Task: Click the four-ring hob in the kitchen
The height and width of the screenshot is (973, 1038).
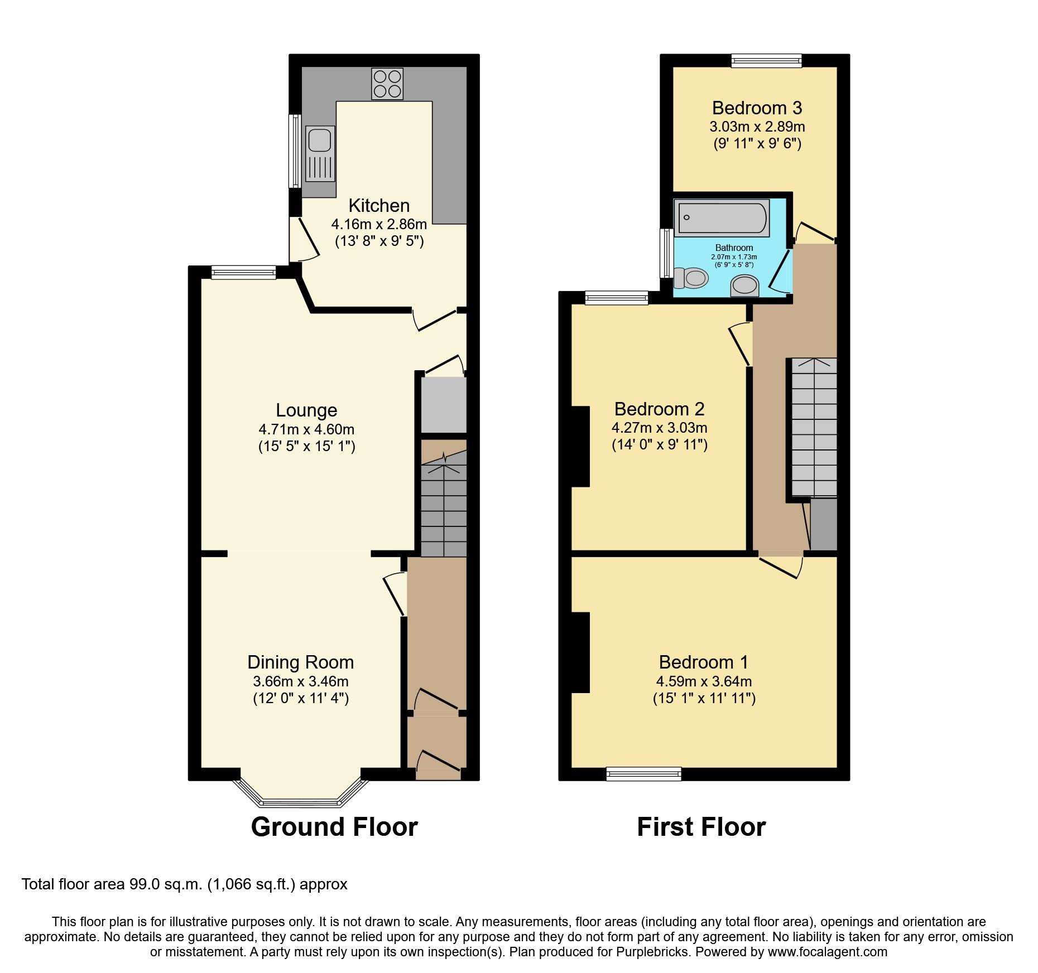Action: pyautogui.click(x=387, y=84)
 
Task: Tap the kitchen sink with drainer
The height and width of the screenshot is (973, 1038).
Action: pyautogui.click(x=320, y=153)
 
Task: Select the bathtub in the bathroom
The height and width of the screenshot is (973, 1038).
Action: pyautogui.click(x=722, y=218)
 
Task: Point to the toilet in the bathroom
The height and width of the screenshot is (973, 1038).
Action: pyautogui.click(x=691, y=277)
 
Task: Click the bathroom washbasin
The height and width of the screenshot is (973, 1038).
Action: pyautogui.click(x=744, y=285)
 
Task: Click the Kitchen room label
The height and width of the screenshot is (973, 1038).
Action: pyautogui.click(x=379, y=206)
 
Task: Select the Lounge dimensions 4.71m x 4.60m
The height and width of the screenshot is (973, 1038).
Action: pyautogui.click(x=306, y=429)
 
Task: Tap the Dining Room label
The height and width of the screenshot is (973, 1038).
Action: pyautogui.click(x=301, y=662)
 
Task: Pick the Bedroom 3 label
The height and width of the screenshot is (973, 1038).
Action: pyautogui.click(x=757, y=108)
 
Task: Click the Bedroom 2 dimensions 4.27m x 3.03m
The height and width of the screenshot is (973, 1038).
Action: pyautogui.click(x=659, y=428)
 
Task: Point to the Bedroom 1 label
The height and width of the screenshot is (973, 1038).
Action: pyautogui.click(x=703, y=662)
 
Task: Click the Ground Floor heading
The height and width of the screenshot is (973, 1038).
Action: pyautogui.click(x=334, y=826)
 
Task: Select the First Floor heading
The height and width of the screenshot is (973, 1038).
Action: pyautogui.click(x=701, y=826)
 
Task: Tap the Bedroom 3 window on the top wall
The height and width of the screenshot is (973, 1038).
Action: pyautogui.click(x=766, y=60)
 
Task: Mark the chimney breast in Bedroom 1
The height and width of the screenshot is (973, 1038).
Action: pyautogui.click(x=580, y=652)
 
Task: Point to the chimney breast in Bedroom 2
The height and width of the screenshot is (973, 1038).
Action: pyautogui.click(x=580, y=446)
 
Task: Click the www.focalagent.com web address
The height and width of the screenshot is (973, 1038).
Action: pyautogui.click(x=827, y=952)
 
